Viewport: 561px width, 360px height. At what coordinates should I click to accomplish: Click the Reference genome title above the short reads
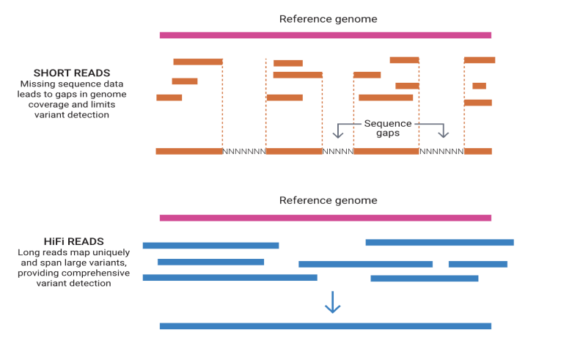pyautogui.click(x=328, y=18)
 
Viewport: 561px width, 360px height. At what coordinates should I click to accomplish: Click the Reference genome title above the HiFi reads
pyautogui.click(x=328, y=200)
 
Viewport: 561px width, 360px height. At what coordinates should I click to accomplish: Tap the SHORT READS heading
pyautogui.click(x=72, y=73)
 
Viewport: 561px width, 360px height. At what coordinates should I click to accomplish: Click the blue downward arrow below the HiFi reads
pyautogui.click(x=333, y=302)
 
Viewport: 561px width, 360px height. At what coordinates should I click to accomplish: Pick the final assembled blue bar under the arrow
pyautogui.click(x=325, y=326)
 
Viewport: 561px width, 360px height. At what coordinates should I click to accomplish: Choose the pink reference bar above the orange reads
pyautogui.click(x=325, y=34)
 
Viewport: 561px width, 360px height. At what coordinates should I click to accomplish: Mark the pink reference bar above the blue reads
pyautogui.click(x=325, y=217)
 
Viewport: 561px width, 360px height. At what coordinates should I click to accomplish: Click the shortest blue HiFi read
pyautogui.click(x=477, y=264)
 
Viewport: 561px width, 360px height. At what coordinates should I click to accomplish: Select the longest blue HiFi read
pyautogui.click(x=230, y=278)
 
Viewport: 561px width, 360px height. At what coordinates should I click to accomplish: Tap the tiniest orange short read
pyautogui.click(x=479, y=86)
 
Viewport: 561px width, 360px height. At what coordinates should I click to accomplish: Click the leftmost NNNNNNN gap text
pyautogui.click(x=244, y=152)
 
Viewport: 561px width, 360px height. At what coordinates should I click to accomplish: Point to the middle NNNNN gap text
pyautogui.click(x=337, y=152)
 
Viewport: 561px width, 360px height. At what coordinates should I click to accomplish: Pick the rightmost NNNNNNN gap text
pyautogui.click(x=441, y=152)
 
